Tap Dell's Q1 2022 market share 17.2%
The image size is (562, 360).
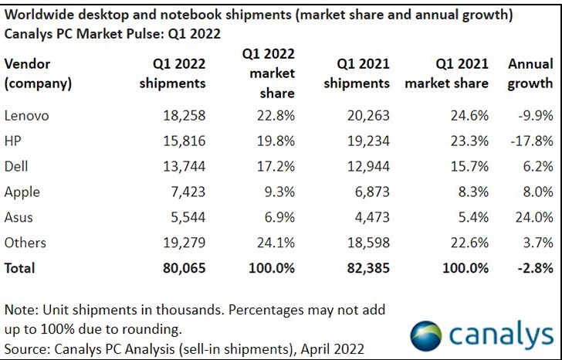pyautogui.click(x=274, y=167)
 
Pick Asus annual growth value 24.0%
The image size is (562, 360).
pyautogui.click(x=533, y=218)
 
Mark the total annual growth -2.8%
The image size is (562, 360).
pyautogui.click(x=533, y=269)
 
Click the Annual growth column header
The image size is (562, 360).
pyautogui.click(x=530, y=73)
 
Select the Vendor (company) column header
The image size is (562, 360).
pyautogui.click(x=39, y=73)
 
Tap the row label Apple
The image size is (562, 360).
pyautogui.click(x=22, y=192)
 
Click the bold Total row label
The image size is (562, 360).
pyautogui.click(x=20, y=269)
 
